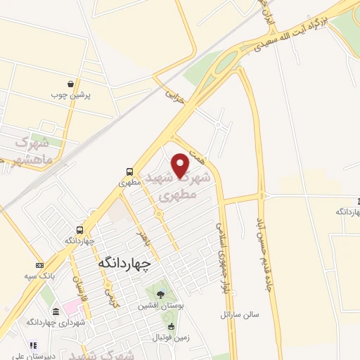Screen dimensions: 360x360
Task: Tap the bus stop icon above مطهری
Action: pyautogui.click(x=129, y=171)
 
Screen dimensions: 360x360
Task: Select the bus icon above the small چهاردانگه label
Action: pyautogui.click(x=79, y=230)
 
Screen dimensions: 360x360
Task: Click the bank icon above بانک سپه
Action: pyautogui.click(x=37, y=266)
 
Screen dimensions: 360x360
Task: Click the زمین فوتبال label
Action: pyautogui.click(x=170, y=337)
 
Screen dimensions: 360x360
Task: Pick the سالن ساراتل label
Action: pyautogui.click(x=240, y=314)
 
